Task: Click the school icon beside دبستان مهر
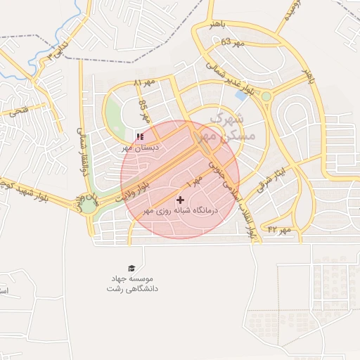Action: click(x=140, y=136)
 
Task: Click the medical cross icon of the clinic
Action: click(x=181, y=200)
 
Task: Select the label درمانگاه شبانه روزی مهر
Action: click(x=182, y=210)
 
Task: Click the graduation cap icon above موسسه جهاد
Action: click(x=131, y=268)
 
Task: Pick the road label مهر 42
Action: click(x=279, y=229)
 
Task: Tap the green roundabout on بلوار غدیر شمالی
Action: click(x=266, y=96)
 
